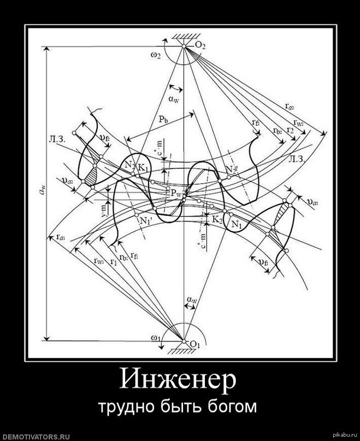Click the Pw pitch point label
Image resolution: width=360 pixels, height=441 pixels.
click(176, 193)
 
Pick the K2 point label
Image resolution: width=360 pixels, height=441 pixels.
click(217, 220)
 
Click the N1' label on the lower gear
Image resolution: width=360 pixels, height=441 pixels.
click(145, 221)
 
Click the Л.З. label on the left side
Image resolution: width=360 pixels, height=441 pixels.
click(57, 139)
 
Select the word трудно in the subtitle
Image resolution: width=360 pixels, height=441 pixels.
click(122, 408)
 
